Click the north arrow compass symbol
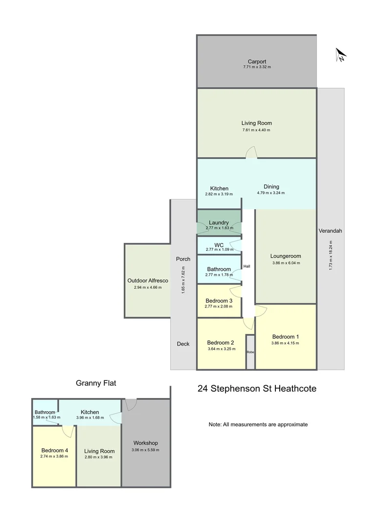340,55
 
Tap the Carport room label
257,62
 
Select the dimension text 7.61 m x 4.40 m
256,130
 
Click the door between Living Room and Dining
251,153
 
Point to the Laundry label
219,222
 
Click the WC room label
219,245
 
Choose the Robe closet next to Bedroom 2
250,352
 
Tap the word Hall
247,266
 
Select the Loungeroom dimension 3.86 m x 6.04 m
286,263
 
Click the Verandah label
330,231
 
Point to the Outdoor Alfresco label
148,281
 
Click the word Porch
183,259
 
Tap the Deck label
183,344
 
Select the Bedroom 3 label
219,301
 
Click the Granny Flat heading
96,383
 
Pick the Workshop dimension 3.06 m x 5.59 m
145,450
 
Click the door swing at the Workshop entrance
131,404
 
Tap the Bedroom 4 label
55,451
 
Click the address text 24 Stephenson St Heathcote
257,389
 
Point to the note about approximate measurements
258,425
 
